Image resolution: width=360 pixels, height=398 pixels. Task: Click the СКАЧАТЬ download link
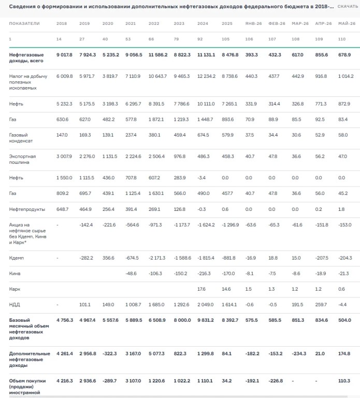coord(348,6)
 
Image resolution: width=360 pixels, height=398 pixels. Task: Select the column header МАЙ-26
coord(347,24)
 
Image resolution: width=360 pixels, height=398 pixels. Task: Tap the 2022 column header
coord(154,24)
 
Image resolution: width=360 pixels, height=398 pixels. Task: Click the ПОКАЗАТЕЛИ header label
coord(24,24)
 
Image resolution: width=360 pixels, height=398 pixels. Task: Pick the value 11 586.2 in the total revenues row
coord(158,55)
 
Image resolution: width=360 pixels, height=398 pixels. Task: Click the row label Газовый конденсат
coord(21,138)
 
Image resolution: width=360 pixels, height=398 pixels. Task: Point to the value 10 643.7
coord(157,76)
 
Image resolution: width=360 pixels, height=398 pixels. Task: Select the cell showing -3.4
coord(201,178)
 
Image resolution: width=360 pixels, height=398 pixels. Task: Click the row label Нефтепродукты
coord(27,209)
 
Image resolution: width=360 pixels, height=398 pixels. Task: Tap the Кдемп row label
coord(16,258)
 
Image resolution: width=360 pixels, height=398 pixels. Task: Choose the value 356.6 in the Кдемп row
coord(108,258)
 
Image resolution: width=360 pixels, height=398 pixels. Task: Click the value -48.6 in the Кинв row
coord(131,274)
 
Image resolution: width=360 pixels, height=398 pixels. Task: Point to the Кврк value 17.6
coord(201,289)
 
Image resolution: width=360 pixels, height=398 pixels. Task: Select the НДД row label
coord(15,305)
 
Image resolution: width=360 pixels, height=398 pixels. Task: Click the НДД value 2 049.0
coord(205,305)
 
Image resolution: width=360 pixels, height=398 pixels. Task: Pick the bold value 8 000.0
coord(182,320)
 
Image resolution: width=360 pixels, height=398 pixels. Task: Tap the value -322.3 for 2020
coord(110,353)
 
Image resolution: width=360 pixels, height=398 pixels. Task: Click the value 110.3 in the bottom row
coord(344,381)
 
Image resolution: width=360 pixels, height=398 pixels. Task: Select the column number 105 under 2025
coord(225,39)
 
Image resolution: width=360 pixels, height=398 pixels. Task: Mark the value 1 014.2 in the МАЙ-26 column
coord(346,76)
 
